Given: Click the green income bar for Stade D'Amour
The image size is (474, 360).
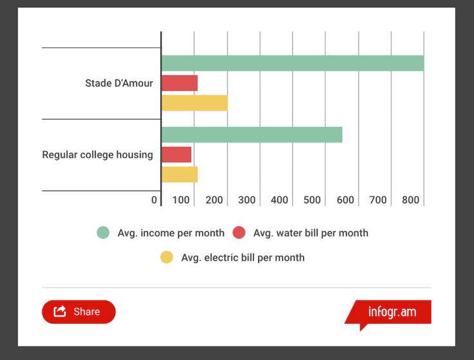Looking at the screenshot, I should coord(292,63).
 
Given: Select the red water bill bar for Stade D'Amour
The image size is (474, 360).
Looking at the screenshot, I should coord(179,83).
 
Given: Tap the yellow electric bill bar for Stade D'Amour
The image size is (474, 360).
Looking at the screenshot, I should coord(194,103).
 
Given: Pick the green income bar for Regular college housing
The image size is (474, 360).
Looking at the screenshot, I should coord(252,135).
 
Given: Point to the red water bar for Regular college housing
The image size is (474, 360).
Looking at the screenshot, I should coord(176,155).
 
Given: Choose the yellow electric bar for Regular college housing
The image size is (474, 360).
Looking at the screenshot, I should coord(179,175).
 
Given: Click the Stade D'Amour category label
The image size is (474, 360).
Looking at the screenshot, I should coord(119,83).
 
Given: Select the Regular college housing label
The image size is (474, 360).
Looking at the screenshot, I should coord(98,155).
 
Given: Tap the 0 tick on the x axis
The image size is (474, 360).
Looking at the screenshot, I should coord(154,200).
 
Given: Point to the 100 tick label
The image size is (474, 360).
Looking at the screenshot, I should coord(181,200).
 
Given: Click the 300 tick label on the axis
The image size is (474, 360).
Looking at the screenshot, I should coord(247,200).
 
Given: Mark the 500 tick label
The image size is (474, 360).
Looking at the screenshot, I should coord(312,200).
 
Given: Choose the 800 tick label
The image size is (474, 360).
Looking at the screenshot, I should coord(410,200).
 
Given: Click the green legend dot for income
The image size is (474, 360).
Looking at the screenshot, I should coord(103,232).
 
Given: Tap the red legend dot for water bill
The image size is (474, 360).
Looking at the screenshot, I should coord(239,232).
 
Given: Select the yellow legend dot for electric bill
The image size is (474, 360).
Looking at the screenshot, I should coord(167,258).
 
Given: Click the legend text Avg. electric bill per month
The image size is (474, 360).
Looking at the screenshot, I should coord(243,258).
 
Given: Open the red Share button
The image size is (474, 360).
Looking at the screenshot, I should coord(79,312).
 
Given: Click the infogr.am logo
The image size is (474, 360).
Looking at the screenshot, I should coord(392,312).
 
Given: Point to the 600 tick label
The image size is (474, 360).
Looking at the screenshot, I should coord(345,200).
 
